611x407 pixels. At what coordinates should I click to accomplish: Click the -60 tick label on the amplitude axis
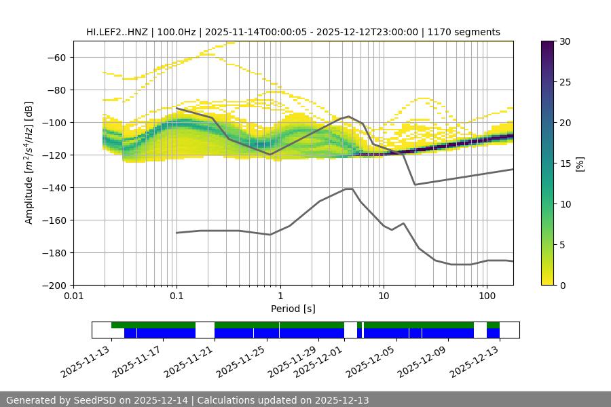[56, 58]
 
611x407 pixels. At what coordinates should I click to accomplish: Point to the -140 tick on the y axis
[54, 188]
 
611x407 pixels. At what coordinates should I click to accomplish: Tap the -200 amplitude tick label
[54, 286]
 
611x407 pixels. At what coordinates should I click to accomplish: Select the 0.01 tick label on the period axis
[73, 296]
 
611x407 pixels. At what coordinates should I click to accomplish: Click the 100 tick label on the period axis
[487, 296]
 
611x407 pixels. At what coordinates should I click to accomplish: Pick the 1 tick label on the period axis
[280, 296]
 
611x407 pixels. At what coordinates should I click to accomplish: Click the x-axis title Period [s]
[293, 309]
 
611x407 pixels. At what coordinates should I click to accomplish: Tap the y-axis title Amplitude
[29, 163]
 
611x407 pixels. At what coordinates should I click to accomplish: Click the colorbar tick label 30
[564, 42]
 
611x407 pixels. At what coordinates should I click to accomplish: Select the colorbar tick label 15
[564, 163]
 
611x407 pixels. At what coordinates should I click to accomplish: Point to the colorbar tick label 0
[562, 286]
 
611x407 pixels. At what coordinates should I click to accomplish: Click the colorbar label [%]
[580, 163]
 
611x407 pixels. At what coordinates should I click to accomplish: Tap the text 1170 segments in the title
[468, 33]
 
